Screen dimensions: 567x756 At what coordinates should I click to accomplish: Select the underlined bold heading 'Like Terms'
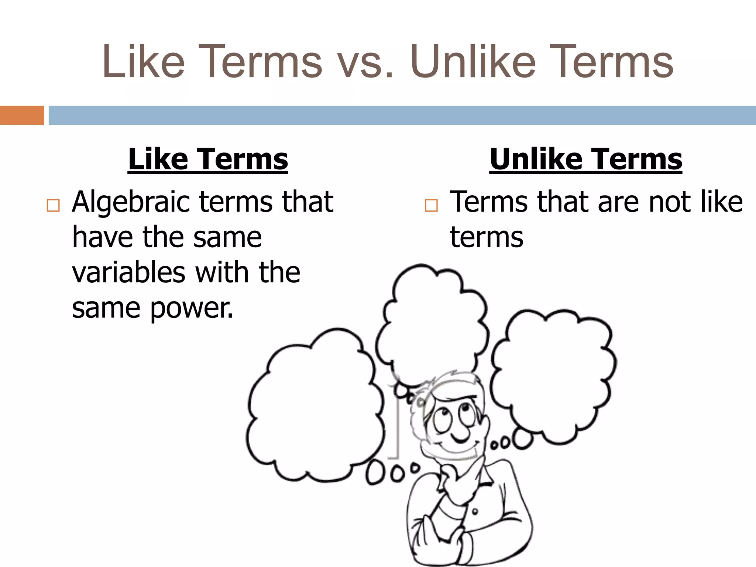[208, 159]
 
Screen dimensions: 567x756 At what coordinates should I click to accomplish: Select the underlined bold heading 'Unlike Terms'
[586, 159]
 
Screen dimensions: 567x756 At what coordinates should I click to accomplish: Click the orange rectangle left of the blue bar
[22, 115]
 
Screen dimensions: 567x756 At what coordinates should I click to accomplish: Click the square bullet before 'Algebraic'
[53, 205]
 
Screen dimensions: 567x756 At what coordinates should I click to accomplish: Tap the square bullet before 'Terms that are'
[431, 205]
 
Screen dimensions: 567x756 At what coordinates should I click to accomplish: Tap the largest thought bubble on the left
[314, 406]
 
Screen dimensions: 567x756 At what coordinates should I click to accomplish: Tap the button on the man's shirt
[475, 511]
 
